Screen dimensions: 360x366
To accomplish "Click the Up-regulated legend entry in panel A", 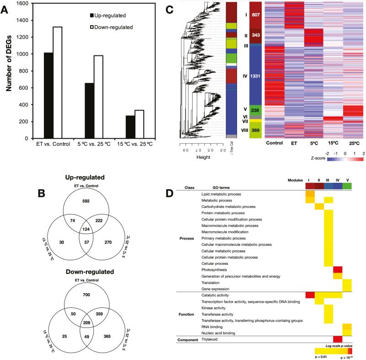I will [110, 16].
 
